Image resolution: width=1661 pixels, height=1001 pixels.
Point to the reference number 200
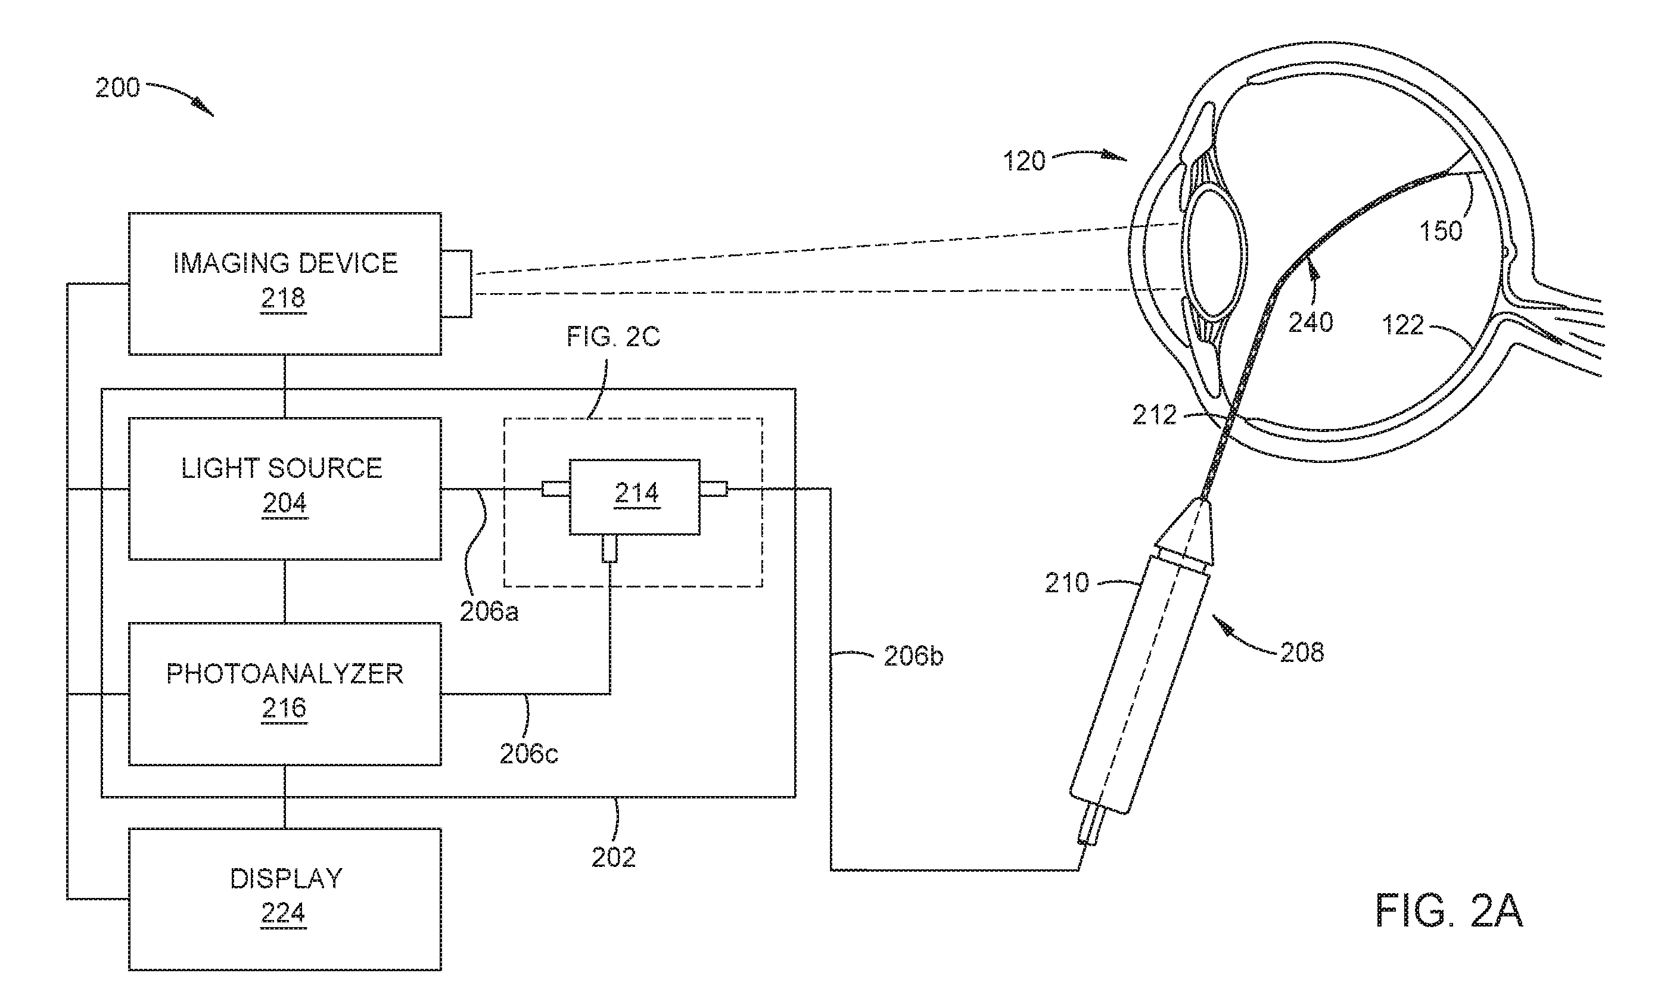pyautogui.click(x=117, y=88)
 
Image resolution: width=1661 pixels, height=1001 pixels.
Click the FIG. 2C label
pyautogui.click(x=613, y=337)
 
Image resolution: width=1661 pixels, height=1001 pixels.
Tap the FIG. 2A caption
pyautogui.click(x=1449, y=912)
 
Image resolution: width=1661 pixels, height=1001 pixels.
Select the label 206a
pyautogui.click(x=489, y=611)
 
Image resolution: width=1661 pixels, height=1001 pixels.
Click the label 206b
pyautogui.click(x=913, y=656)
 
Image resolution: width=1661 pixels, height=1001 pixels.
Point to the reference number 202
pyautogui.click(x=614, y=857)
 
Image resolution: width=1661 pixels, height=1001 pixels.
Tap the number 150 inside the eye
pyautogui.click(x=1441, y=231)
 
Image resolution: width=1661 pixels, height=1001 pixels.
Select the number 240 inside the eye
pyautogui.click(x=1311, y=322)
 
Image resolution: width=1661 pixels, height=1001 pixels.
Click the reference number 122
pyautogui.click(x=1403, y=325)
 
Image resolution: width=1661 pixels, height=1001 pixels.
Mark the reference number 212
pyautogui.click(x=1154, y=415)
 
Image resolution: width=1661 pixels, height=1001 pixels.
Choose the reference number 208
pyautogui.click(x=1302, y=652)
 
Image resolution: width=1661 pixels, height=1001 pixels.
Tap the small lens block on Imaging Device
pyautogui.click(x=457, y=284)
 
